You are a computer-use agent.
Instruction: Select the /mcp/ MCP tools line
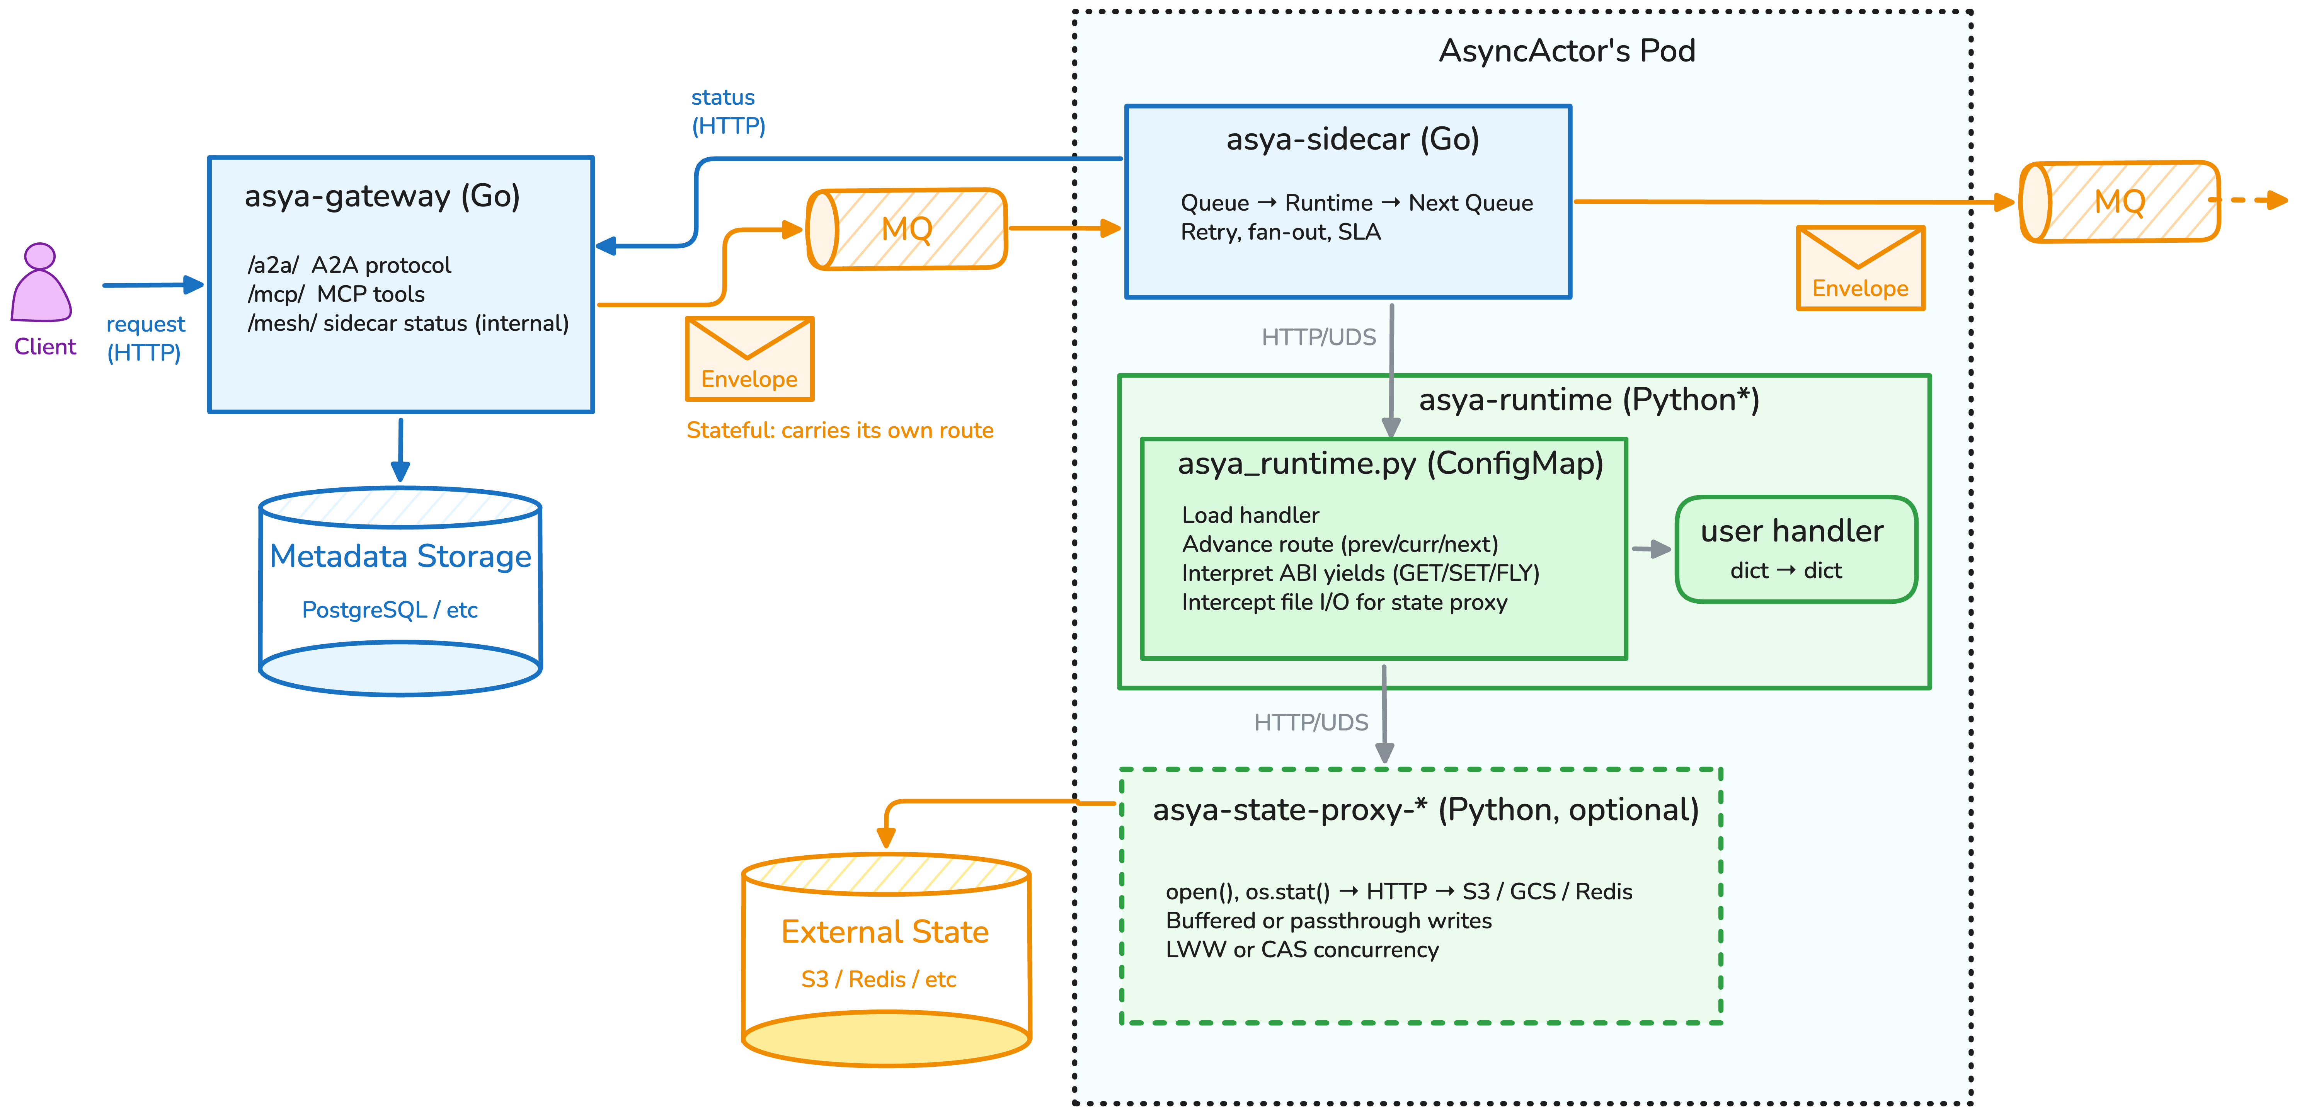pos(336,294)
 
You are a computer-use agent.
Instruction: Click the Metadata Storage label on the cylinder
pos(400,556)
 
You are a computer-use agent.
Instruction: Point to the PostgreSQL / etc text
pos(390,609)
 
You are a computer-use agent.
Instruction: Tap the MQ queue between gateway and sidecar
pos(907,229)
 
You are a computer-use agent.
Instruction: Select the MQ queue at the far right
pos(2120,201)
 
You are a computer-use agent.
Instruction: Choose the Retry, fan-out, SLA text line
pos(1280,232)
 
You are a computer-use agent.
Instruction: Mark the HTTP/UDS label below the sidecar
pos(1318,337)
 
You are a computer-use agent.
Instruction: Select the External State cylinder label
pos(885,931)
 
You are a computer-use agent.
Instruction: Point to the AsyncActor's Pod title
pos(1567,51)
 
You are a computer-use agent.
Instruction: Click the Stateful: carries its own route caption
pos(839,431)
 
